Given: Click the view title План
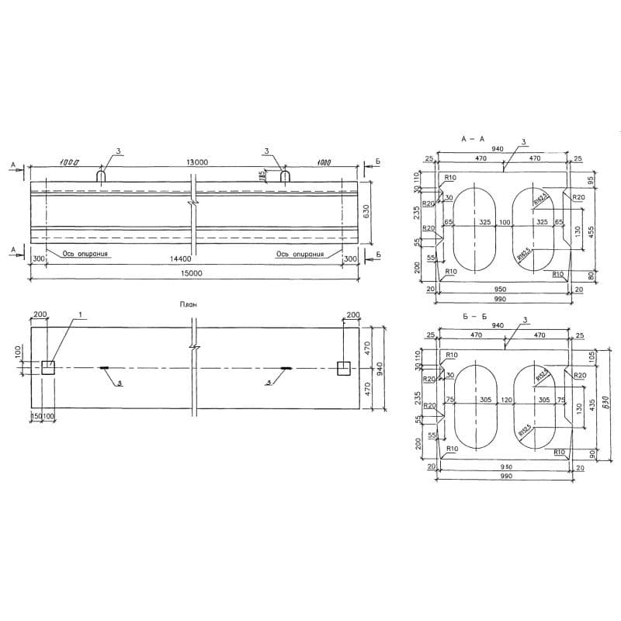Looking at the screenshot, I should (x=188, y=305).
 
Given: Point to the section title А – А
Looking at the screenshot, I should (x=472, y=139).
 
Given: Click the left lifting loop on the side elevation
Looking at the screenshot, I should (x=101, y=176).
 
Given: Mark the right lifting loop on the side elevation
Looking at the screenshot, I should (x=285, y=176).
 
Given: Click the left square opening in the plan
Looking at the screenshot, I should (x=49, y=368).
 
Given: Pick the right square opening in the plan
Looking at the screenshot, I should (x=342, y=368).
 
